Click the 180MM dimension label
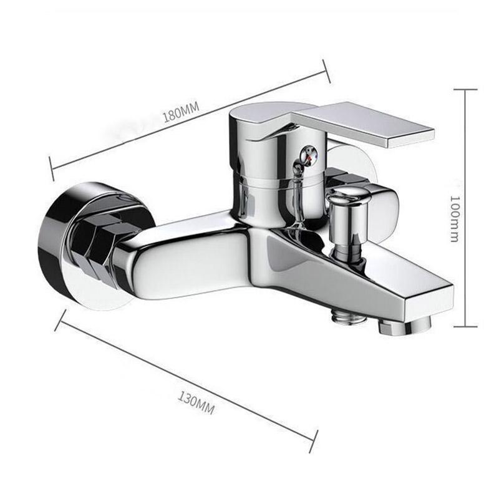tap(180, 114)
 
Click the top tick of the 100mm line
tap(465, 90)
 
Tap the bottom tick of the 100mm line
tap(465, 326)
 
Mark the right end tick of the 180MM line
tap(326, 70)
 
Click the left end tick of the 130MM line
tap(60, 319)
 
